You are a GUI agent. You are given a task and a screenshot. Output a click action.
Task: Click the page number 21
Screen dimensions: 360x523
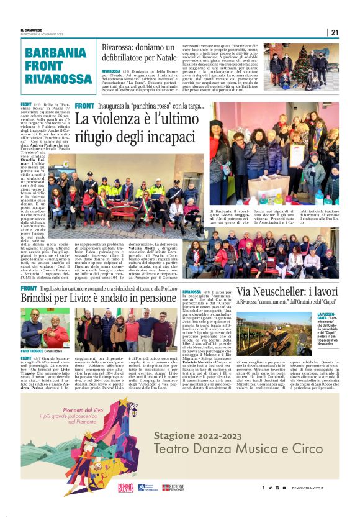(x=335, y=32)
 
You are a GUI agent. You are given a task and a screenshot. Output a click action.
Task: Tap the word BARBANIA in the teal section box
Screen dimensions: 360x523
(x=56, y=53)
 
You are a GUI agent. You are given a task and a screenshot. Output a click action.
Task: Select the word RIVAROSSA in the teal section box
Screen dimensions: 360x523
(x=56, y=79)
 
